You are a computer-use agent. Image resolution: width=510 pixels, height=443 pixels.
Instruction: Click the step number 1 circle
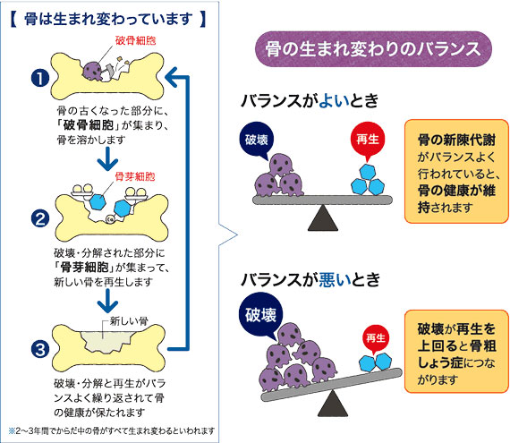click(x=40, y=79)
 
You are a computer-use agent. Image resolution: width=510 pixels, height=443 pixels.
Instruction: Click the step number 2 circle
click(x=40, y=218)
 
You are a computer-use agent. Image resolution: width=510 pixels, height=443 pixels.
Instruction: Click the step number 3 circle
click(x=40, y=350)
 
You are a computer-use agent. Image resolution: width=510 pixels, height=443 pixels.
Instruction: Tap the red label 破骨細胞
click(x=135, y=40)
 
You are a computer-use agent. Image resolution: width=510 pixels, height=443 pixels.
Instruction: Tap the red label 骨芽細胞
click(x=134, y=176)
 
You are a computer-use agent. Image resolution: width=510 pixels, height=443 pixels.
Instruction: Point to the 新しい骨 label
click(x=129, y=321)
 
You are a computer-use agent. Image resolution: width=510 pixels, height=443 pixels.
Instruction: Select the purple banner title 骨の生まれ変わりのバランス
click(x=373, y=49)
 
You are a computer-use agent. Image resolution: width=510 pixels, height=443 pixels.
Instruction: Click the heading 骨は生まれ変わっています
click(x=108, y=19)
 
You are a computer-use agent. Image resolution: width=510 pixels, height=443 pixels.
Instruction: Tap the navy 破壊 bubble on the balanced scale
click(x=257, y=140)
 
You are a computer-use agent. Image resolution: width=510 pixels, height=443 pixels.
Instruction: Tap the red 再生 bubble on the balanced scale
click(x=368, y=139)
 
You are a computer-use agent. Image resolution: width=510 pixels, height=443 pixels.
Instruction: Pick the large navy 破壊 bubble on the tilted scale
click(x=261, y=315)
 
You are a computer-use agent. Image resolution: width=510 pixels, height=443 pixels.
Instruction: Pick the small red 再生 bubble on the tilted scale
click(x=376, y=338)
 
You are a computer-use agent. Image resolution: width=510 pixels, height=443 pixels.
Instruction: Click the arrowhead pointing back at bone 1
click(x=172, y=77)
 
